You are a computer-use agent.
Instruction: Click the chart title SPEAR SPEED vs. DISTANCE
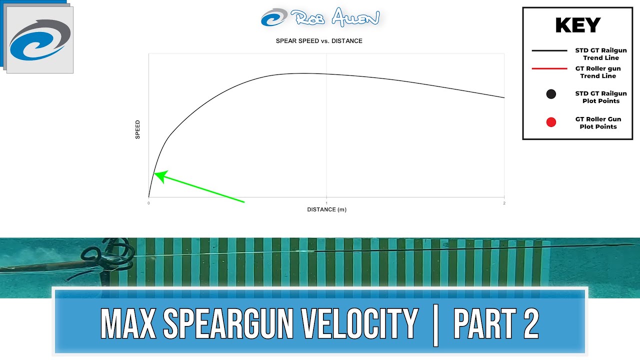[x=319, y=41]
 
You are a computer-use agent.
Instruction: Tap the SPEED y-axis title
[x=138, y=129]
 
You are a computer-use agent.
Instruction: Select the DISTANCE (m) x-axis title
[x=326, y=209]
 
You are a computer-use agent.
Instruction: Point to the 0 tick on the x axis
[x=148, y=202]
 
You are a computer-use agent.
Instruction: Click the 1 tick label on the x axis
[x=326, y=202]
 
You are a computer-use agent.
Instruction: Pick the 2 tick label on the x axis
[x=503, y=202]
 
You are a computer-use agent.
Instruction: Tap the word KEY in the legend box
[x=577, y=25]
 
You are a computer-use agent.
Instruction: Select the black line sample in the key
[x=549, y=50]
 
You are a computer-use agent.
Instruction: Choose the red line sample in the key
[x=549, y=68]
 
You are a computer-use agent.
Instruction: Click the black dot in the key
[x=551, y=94]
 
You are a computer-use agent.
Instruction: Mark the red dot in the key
[x=551, y=122]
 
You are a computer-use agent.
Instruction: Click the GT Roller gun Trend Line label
[x=597, y=72]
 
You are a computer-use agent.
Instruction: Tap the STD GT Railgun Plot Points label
[x=600, y=97]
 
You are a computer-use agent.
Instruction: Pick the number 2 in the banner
[x=530, y=324]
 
